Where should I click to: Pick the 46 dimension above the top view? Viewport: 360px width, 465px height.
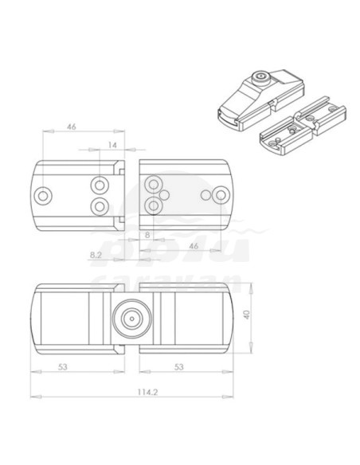click(72, 126)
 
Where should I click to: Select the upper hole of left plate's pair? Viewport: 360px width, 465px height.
click(100, 186)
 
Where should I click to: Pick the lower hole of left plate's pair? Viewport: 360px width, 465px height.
click(100, 205)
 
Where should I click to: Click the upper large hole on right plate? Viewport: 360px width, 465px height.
click(151, 186)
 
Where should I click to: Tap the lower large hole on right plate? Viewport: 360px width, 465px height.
click(151, 205)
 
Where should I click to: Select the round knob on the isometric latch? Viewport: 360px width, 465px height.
click(260, 77)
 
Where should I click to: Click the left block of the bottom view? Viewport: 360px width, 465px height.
click(64, 318)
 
